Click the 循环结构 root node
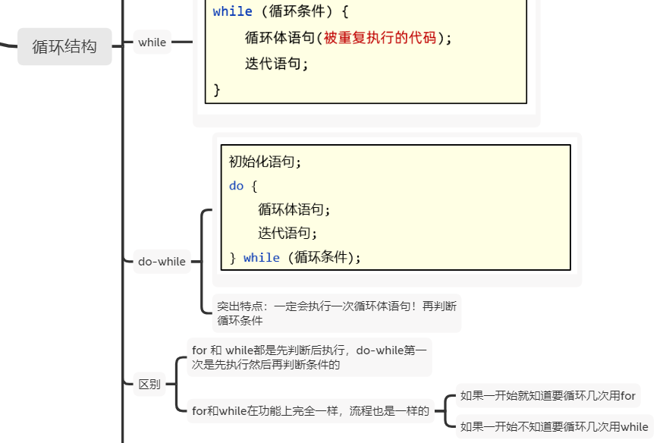(64, 46)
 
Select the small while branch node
(152, 42)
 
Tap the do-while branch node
(162, 262)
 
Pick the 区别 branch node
(149, 384)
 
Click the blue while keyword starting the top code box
(232, 11)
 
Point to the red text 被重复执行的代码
(380, 38)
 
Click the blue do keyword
(237, 186)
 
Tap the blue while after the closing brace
(261, 258)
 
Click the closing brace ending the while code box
(217, 90)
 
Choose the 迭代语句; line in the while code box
(277, 64)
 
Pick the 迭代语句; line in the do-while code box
(288, 234)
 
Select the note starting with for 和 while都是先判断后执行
(309, 357)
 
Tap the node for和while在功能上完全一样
(310, 411)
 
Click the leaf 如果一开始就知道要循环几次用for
(548, 395)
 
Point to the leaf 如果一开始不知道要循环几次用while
(554, 426)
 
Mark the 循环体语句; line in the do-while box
(294, 209)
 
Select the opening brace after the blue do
(254, 186)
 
